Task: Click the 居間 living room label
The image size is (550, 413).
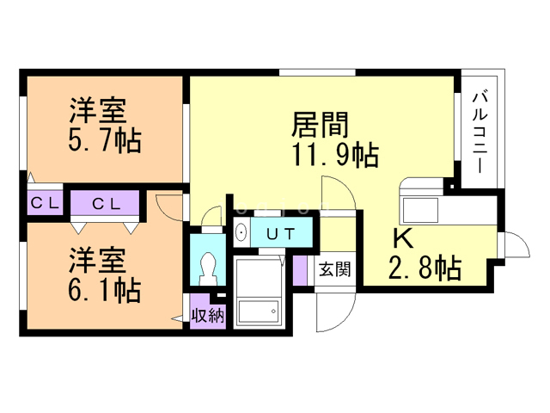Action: pos(320,125)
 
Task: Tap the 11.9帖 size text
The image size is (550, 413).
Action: pos(335,155)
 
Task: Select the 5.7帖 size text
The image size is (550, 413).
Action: pos(105,140)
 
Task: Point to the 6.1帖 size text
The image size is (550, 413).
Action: pos(105,290)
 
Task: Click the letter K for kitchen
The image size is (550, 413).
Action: pos(403,239)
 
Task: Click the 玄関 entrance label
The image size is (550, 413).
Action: pos(334,269)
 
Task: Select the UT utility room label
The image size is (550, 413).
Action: pos(281,234)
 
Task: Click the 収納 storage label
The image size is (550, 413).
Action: pos(208,316)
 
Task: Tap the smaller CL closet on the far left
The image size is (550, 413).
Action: pos(45,203)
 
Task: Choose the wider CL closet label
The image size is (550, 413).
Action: pos(107,203)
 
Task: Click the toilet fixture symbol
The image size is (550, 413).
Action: pos(208,268)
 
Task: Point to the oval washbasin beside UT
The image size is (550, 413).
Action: pos(241,232)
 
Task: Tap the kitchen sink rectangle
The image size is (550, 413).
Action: pos(420,210)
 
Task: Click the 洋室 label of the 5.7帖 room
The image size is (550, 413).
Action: pos(97,110)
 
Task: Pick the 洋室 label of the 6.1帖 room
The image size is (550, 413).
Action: pos(97,260)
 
